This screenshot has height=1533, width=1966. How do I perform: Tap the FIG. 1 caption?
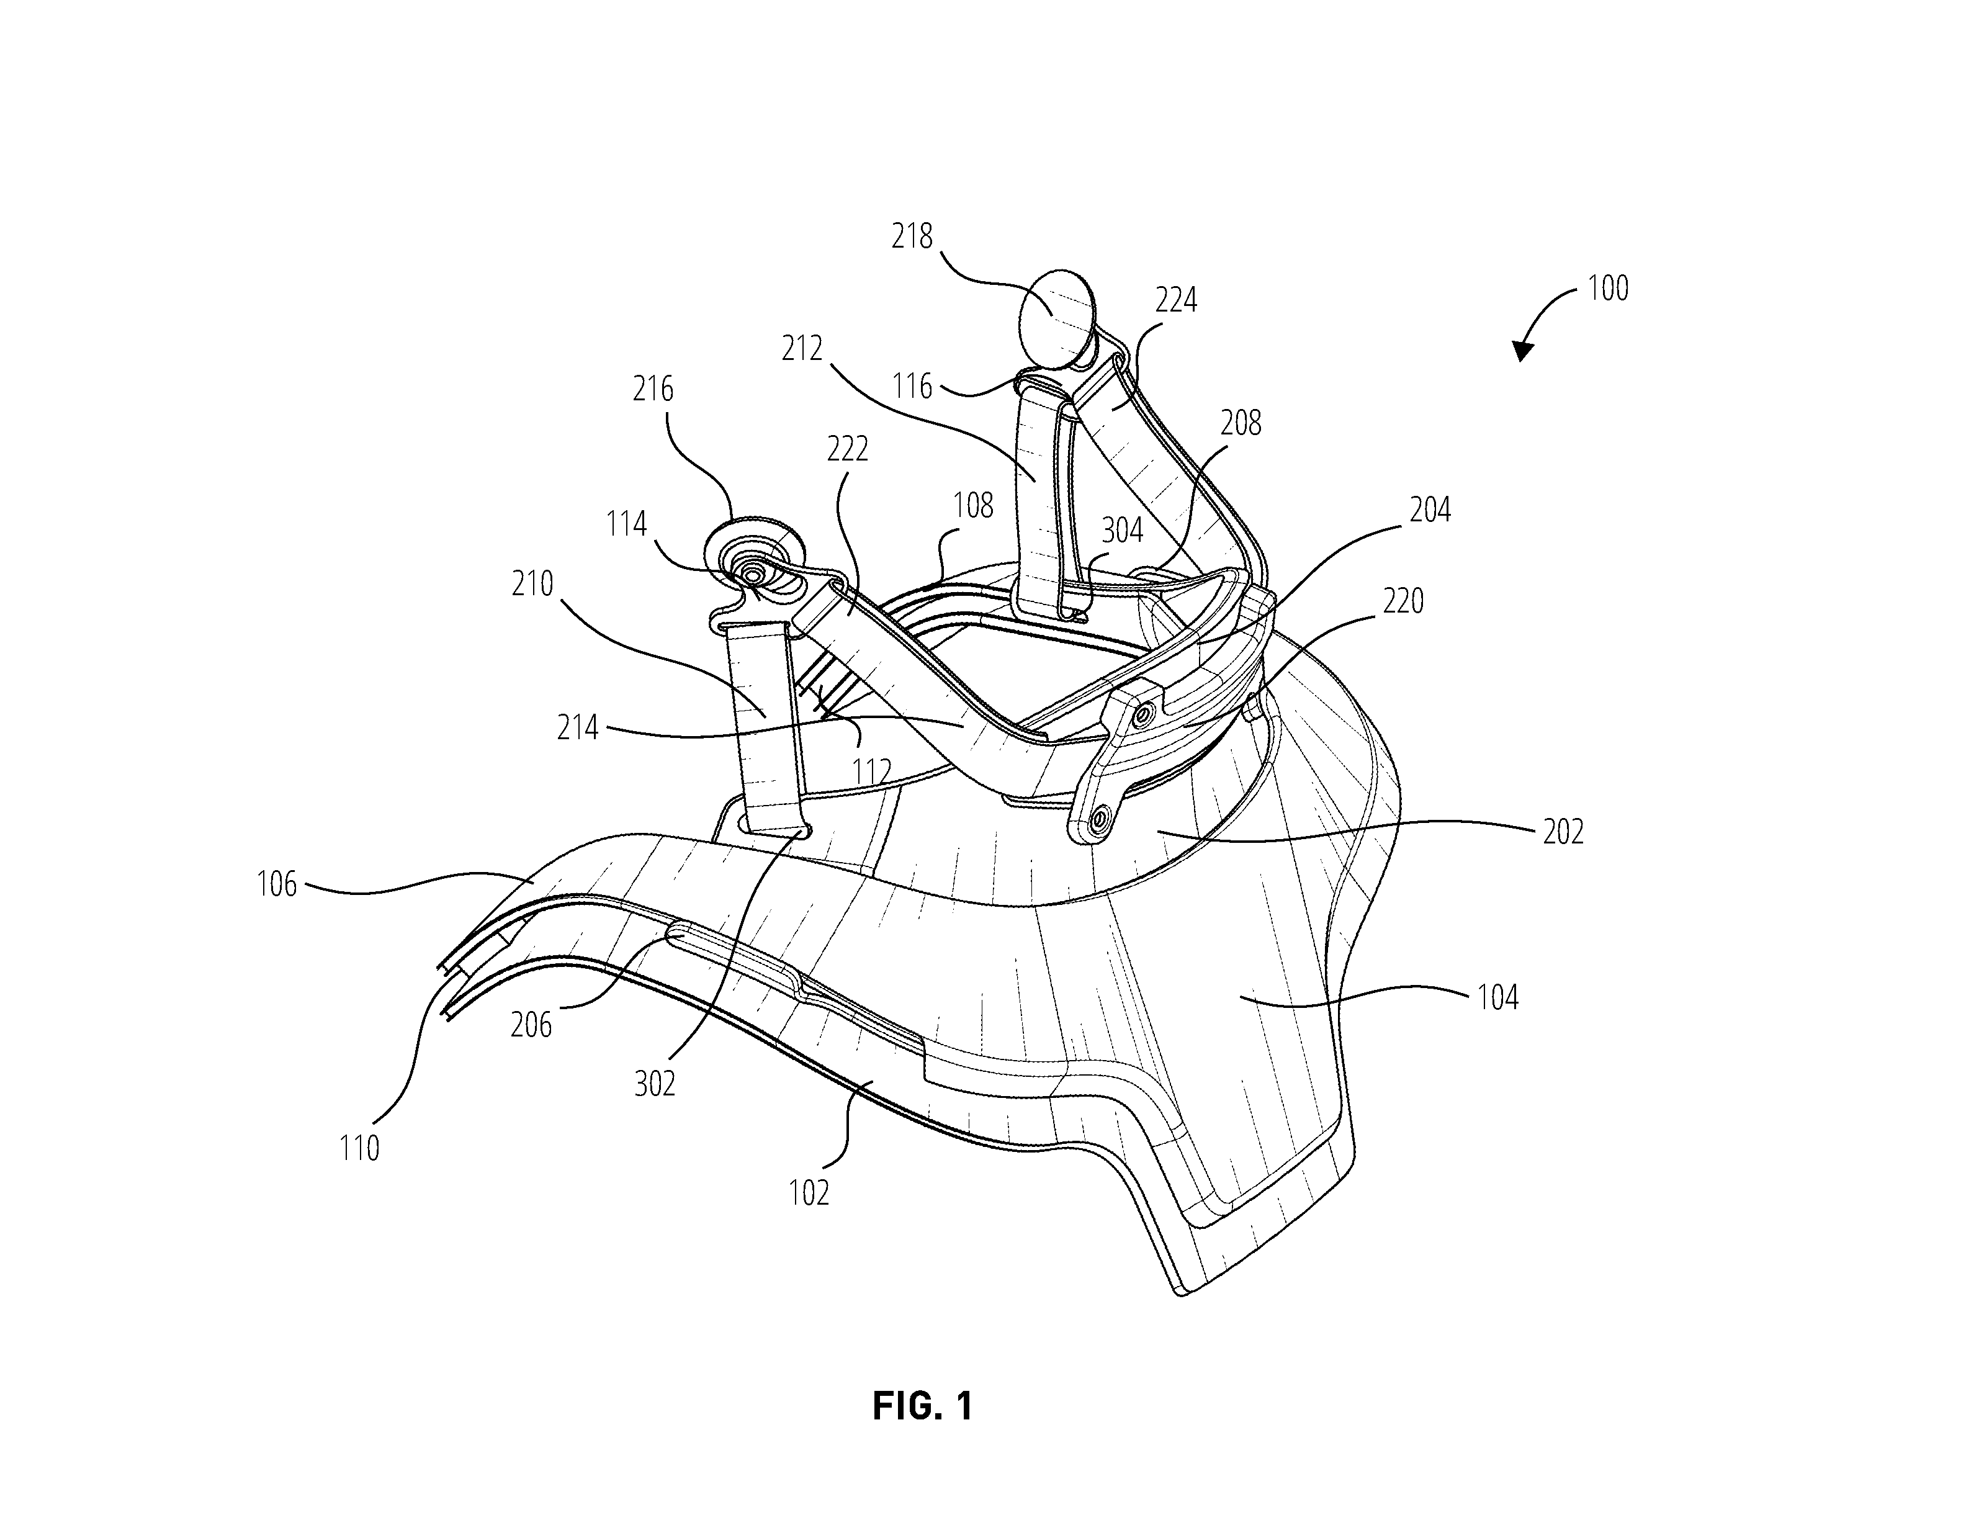tap(923, 1406)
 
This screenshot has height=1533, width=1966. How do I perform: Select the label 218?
tap(912, 236)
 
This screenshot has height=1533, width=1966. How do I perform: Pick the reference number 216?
tap(653, 389)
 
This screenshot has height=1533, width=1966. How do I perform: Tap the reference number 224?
tap(1175, 300)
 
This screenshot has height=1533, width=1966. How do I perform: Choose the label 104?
tap(1497, 997)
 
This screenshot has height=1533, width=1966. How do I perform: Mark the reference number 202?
tap(1563, 832)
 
